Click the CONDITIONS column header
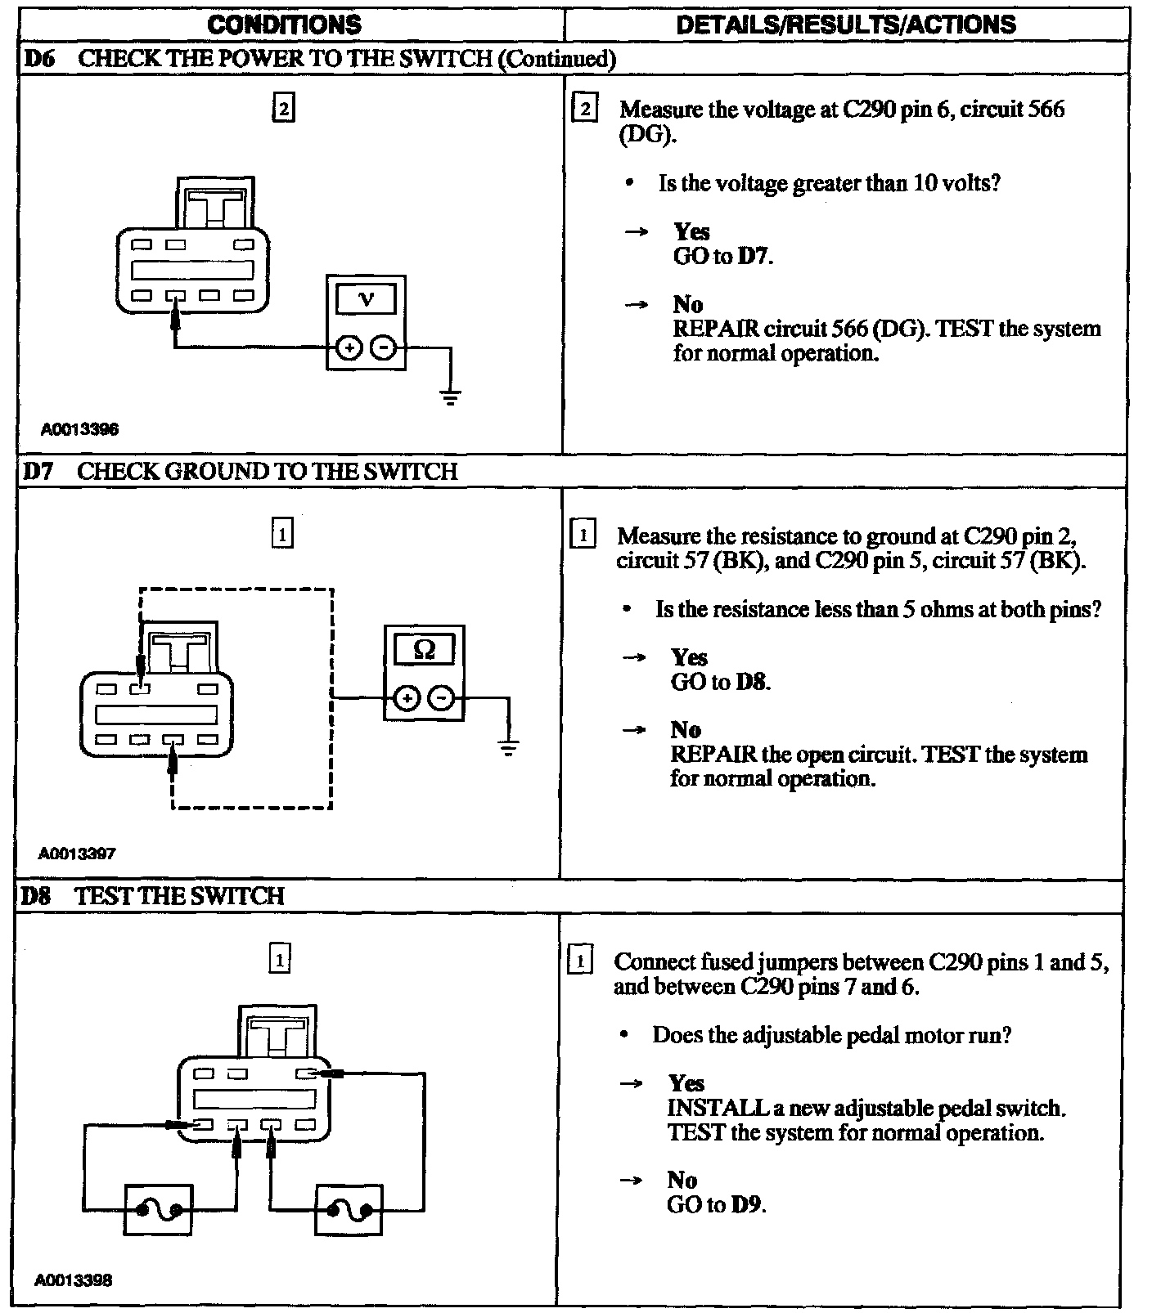click(x=284, y=25)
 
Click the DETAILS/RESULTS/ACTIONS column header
click(x=846, y=25)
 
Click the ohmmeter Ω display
click(x=424, y=650)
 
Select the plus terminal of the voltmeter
click(x=349, y=348)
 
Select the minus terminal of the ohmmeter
click(x=442, y=698)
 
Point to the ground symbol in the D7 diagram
click(x=508, y=748)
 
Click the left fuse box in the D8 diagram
click(x=159, y=1209)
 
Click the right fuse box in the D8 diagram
click(x=349, y=1209)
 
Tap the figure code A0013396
click(x=79, y=429)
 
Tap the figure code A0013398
click(x=74, y=1279)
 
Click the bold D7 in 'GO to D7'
click(x=754, y=256)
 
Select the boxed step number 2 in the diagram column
click(x=282, y=109)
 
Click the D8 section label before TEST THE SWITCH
click(x=36, y=896)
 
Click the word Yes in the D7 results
click(x=689, y=657)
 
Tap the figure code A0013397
click(x=77, y=854)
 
